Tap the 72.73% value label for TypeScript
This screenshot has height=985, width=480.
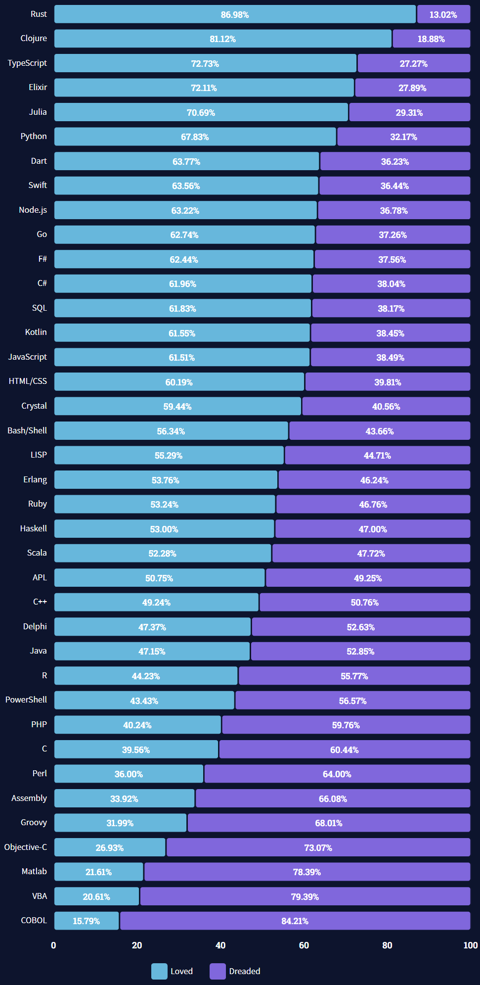[x=205, y=63]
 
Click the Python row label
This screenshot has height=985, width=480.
[x=34, y=137]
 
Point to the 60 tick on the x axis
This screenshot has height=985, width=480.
[x=304, y=945]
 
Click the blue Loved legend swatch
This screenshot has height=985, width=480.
[x=159, y=971]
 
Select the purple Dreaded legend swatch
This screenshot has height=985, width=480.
[x=218, y=971]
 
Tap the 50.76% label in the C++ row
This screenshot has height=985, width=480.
[x=365, y=603]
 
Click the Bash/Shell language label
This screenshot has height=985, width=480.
[x=27, y=430]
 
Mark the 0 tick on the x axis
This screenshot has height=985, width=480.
[x=53, y=945]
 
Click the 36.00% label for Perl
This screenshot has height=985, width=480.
[x=129, y=774]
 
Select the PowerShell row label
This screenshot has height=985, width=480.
[x=26, y=700]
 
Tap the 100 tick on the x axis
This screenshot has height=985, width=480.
[x=470, y=945]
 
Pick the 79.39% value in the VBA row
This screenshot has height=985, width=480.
[x=305, y=896]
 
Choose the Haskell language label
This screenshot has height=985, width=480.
[x=34, y=529]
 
